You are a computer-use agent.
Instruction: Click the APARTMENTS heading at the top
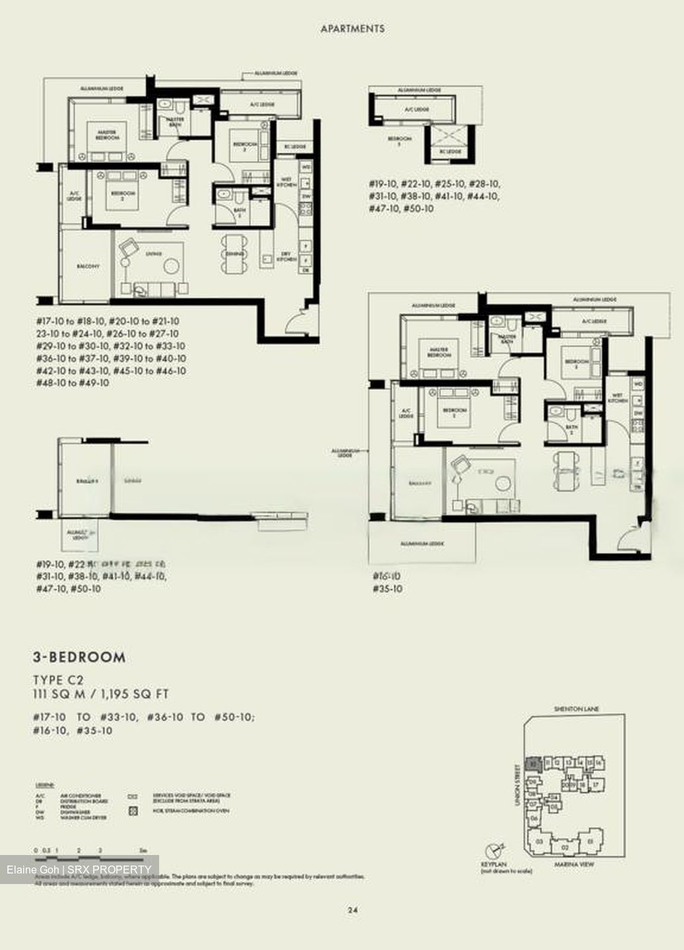coord(352,29)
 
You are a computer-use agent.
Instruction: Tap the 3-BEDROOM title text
coord(79,657)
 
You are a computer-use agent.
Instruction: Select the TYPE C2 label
coord(59,680)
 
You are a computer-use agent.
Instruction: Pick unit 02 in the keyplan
coord(564,847)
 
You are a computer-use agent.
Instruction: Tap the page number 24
coord(353,910)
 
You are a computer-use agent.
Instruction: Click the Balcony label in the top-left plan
coord(88,267)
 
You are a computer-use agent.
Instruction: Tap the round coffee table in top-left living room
coord(172,266)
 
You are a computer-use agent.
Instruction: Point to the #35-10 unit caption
coord(387,588)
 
